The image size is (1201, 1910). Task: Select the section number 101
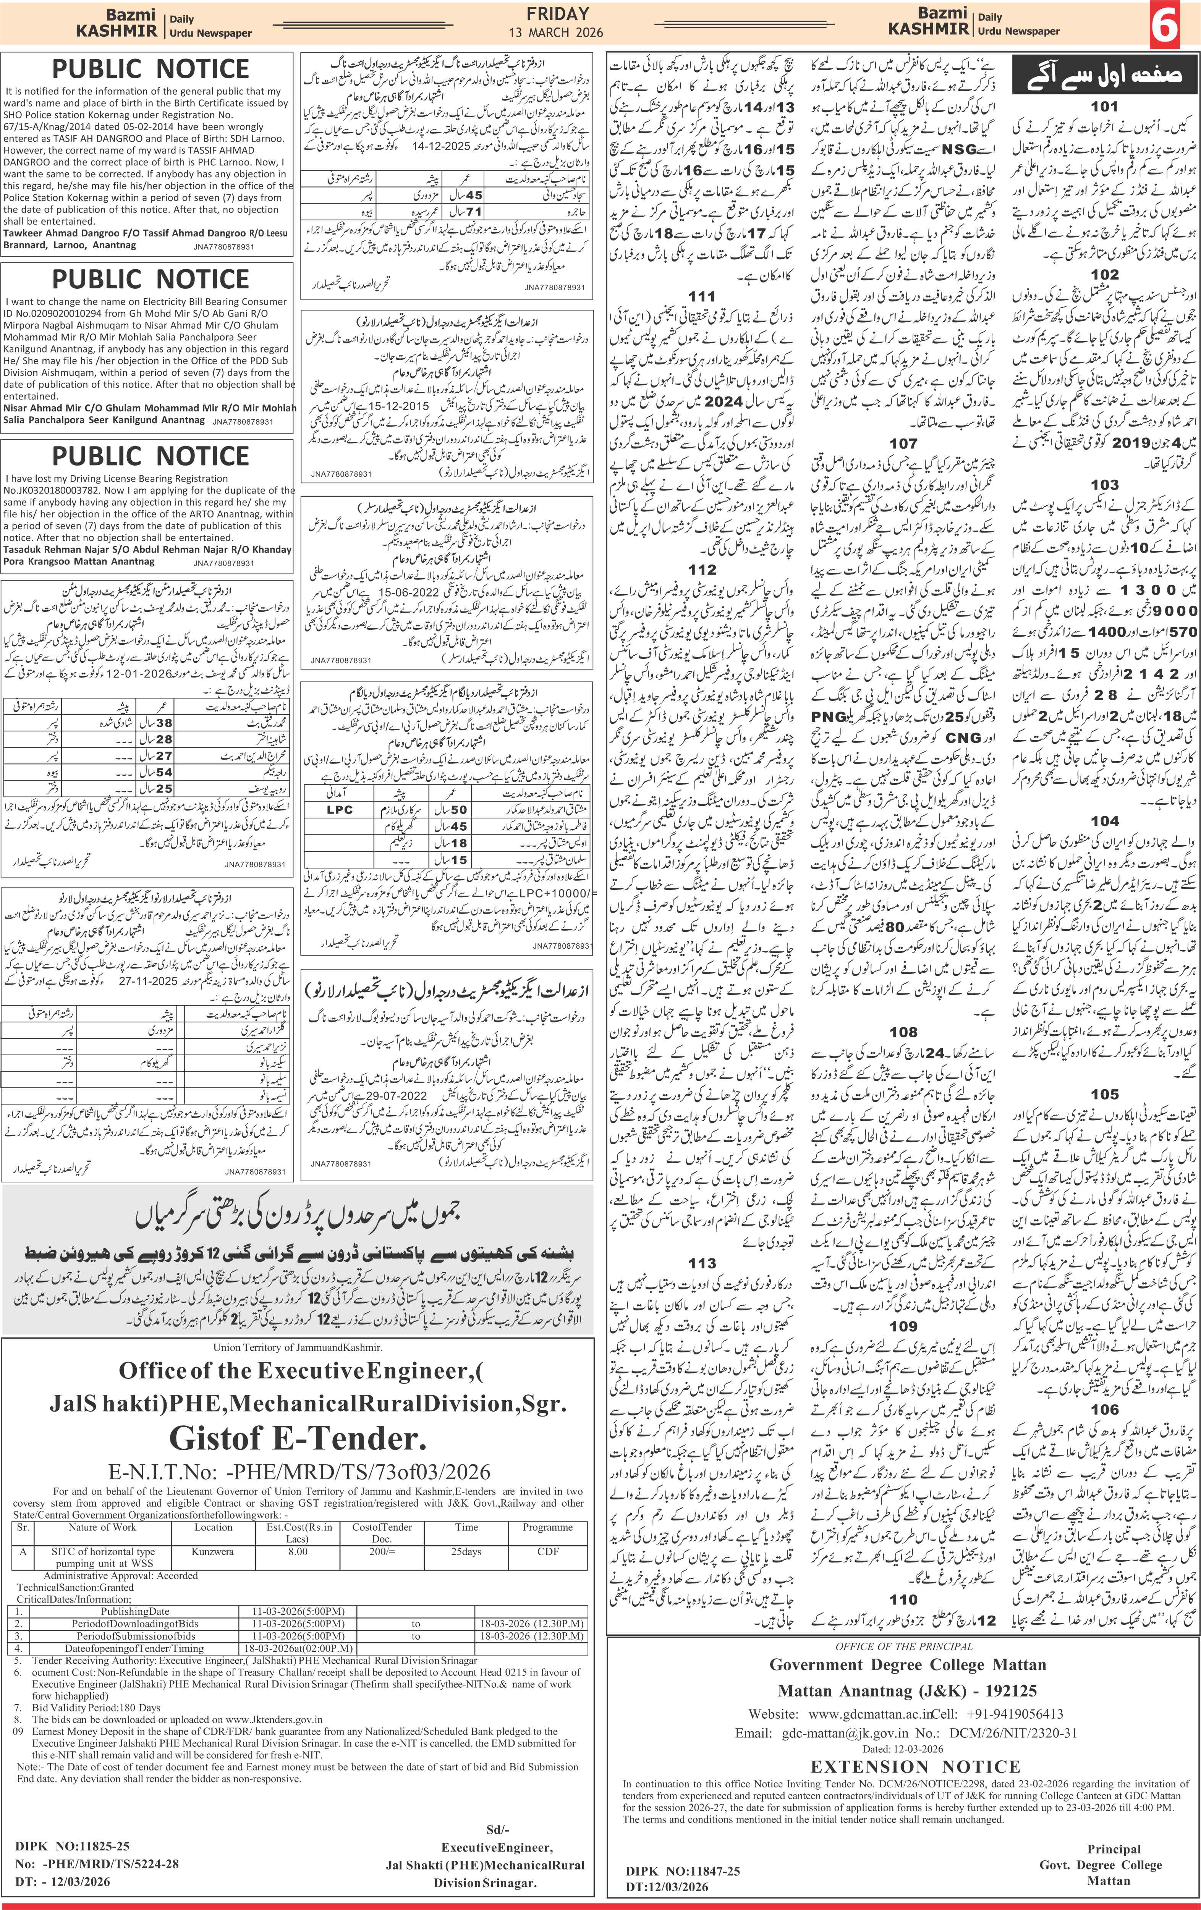pyautogui.click(x=1104, y=106)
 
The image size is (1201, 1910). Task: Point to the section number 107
pyautogui.click(x=903, y=443)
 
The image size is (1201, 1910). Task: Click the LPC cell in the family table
pyautogui.click(x=340, y=810)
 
